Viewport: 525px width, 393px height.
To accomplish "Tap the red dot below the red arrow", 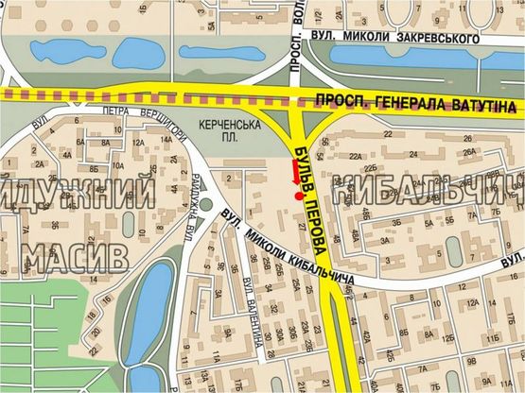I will (x=300, y=196).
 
